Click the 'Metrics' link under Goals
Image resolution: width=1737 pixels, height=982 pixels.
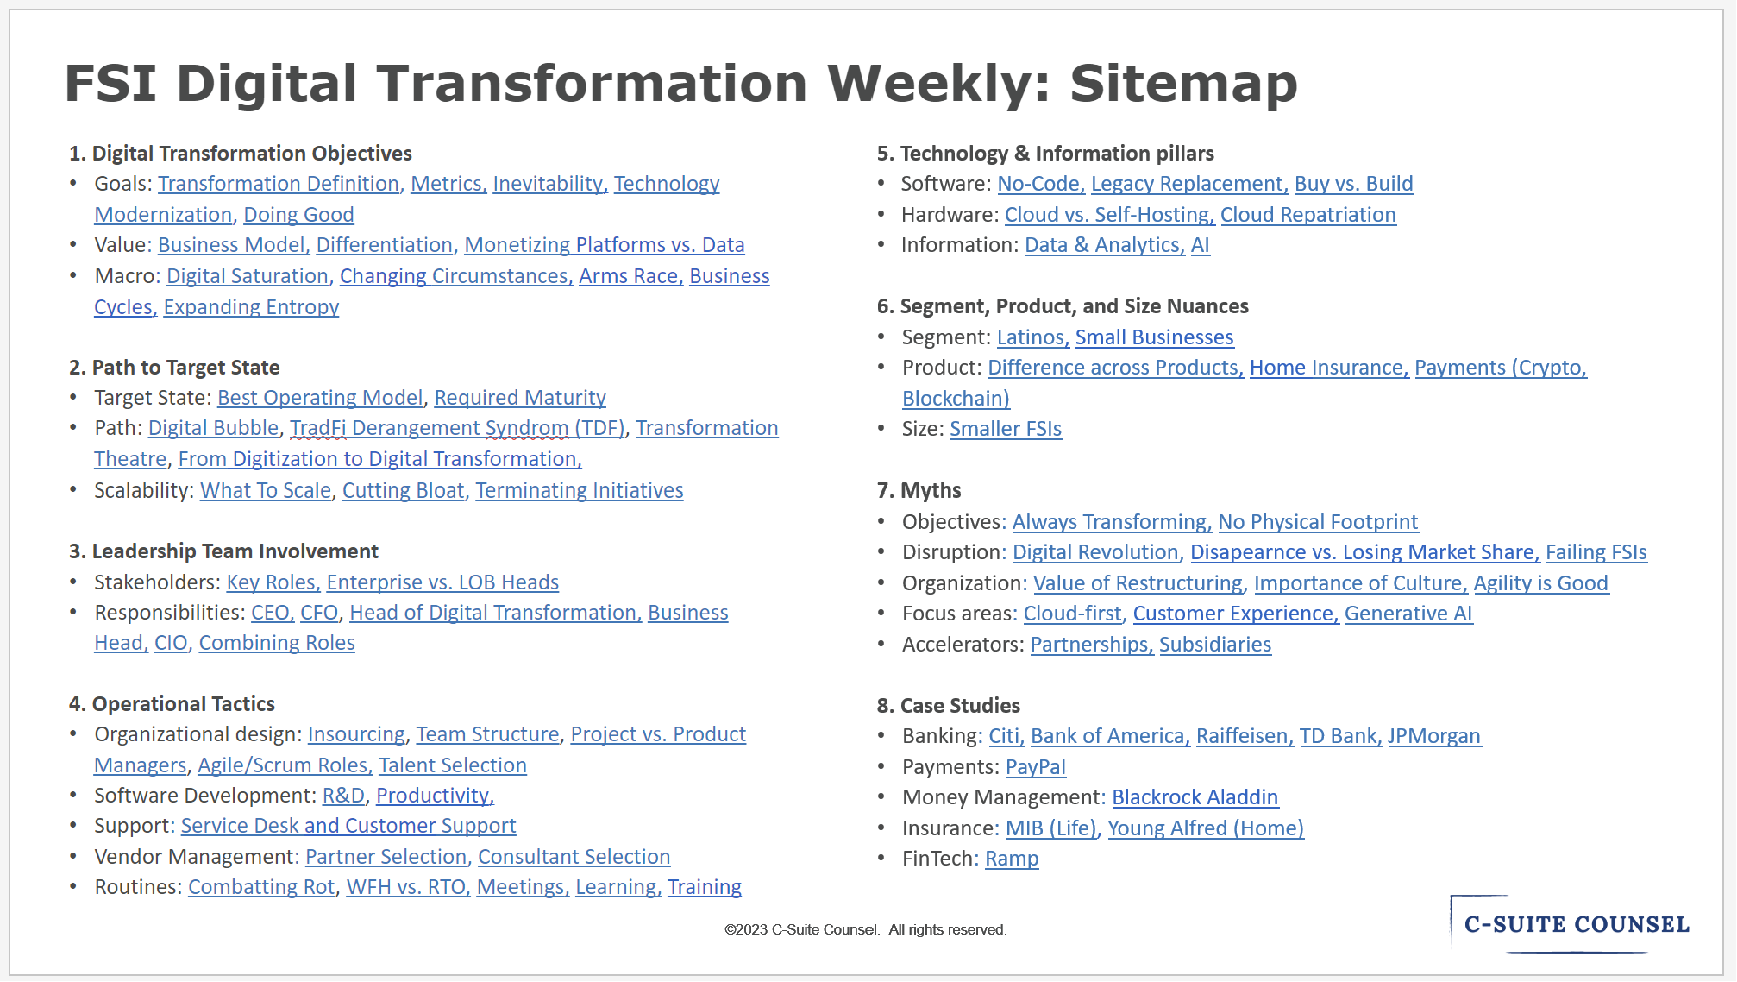(x=448, y=184)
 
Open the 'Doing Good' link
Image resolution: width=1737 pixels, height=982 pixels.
(x=298, y=215)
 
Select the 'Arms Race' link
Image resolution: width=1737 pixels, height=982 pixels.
(x=630, y=276)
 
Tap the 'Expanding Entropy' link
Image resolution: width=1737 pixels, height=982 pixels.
(x=251, y=307)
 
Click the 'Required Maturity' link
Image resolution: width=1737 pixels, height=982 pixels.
(x=520, y=398)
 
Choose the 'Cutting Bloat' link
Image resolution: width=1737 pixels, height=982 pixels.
(x=404, y=490)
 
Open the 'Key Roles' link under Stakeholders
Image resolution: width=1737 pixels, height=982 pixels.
(x=273, y=582)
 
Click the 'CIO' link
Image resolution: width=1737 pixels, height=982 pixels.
(x=171, y=643)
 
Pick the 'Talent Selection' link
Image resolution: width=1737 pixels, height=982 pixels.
(x=452, y=765)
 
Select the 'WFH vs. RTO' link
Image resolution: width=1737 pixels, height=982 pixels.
(x=407, y=887)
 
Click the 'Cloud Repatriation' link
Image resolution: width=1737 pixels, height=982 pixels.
(x=1307, y=215)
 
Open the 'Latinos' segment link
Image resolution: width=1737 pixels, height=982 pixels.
(x=1032, y=337)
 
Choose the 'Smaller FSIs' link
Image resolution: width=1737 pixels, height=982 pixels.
(x=1006, y=429)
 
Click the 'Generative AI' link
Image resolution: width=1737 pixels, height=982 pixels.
(x=1408, y=614)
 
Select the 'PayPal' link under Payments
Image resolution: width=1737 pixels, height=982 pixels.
(x=1035, y=767)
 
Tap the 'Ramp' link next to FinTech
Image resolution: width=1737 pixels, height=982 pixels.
(x=1012, y=859)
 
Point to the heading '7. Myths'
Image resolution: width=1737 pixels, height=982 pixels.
(x=919, y=491)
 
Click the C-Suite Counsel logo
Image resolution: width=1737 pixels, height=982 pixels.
(x=1576, y=924)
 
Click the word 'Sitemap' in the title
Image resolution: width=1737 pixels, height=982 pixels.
(x=1182, y=84)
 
